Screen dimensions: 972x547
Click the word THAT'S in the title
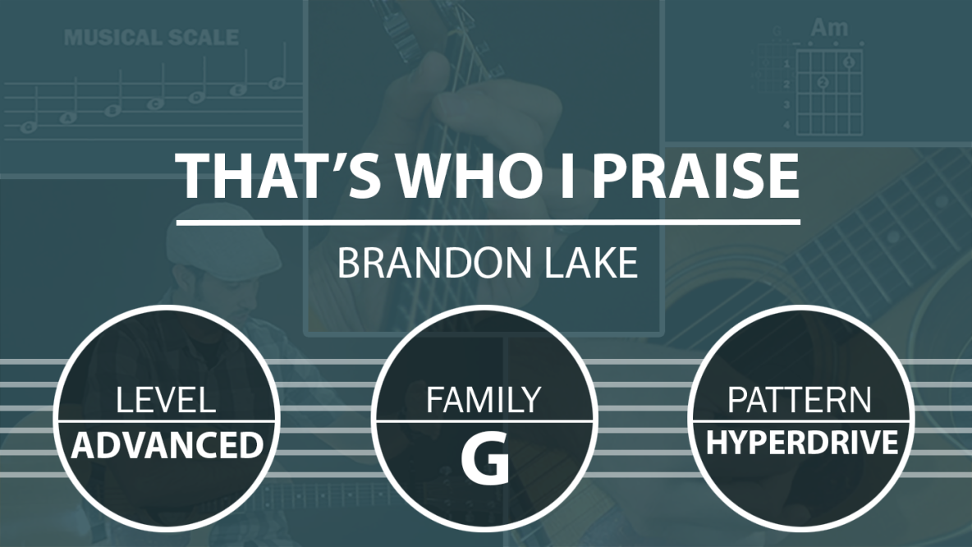coord(278,175)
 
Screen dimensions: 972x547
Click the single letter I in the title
coord(567,175)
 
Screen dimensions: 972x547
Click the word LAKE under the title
coord(591,263)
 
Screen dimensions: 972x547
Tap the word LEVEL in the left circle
coord(166,400)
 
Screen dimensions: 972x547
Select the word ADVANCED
coord(167,445)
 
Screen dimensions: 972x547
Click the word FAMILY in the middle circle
coord(484,400)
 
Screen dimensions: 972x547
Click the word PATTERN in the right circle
coord(800,400)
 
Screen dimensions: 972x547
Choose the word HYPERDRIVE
coord(801,443)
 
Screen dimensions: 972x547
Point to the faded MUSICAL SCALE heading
coord(151,37)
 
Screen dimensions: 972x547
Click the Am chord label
coord(829,28)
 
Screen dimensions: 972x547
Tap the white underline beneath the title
coord(488,222)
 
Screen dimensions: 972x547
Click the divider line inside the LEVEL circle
coord(167,421)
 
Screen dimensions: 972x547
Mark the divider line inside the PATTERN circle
coord(801,421)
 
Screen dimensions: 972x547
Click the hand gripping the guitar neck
coord(471,112)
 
